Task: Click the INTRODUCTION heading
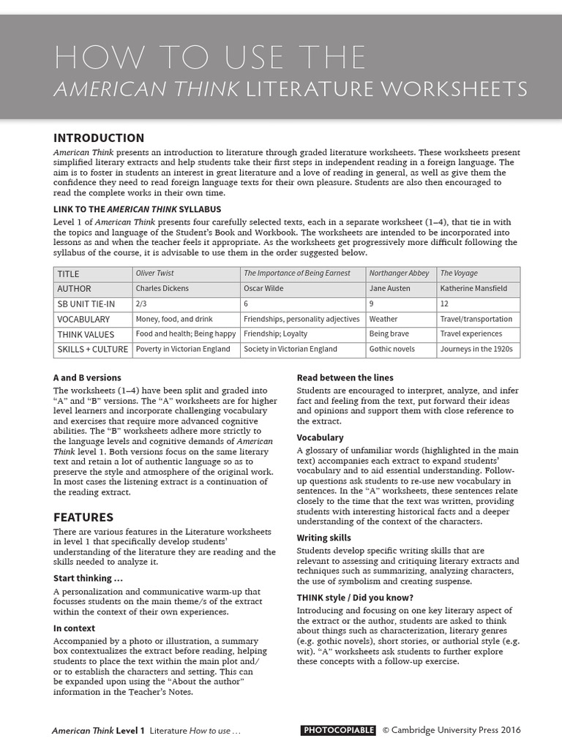point(99,138)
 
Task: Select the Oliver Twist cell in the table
point(155,274)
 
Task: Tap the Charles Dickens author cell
point(162,288)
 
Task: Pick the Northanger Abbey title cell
point(399,274)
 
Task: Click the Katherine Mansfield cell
point(473,288)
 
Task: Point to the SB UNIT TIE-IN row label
point(86,304)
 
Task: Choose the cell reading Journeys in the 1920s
point(476,349)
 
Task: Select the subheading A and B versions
point(87,377)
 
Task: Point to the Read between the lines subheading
point(345,377)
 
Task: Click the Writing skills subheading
point(323,538)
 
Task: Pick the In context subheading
point(75,628)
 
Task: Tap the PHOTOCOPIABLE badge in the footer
point(338,730)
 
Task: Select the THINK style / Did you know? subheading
point(354,597)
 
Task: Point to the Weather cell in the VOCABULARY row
point(383,319)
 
